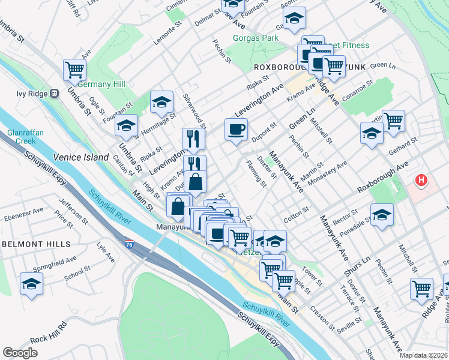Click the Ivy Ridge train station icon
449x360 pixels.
[54, 94]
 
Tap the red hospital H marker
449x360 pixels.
[422, 179]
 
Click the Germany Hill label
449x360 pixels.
[102, 84]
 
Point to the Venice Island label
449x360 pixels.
[75, 157]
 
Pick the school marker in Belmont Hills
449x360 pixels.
[31, 284]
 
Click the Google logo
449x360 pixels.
[20, 353]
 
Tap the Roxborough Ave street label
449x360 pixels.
[381, 178]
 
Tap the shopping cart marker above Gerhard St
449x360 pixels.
[394, 120]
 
